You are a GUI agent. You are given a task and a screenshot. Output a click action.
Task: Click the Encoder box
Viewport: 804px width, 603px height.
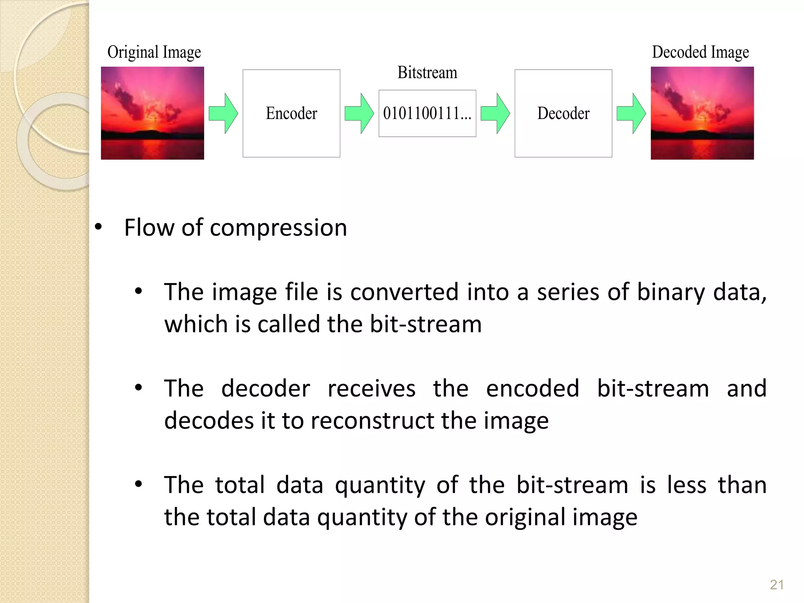coord(291,113)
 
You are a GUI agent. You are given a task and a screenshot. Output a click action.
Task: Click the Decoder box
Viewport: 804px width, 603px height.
coord(563,113)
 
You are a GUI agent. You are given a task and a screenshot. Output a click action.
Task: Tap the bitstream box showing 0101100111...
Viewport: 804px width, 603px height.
coord(427,113)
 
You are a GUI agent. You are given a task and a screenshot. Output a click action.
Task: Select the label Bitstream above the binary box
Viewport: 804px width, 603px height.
coord(427,73)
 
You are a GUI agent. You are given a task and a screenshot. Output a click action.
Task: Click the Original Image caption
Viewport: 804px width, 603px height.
coord(154,52)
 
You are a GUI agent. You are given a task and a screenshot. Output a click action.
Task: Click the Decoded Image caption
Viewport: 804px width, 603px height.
coord(700,52)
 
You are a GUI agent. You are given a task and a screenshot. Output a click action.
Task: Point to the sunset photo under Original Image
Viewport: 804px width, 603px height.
coord(152,113)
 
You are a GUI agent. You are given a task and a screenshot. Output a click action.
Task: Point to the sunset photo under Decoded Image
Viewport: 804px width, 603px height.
coord(702,113)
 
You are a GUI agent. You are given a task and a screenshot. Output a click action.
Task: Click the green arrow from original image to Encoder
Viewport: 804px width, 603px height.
coord(223,113)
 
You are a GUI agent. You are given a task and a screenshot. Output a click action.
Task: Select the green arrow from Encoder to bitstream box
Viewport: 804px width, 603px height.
coord(359,113)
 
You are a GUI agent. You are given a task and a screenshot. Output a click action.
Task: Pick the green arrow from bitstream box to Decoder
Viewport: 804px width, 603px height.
coord(495,113)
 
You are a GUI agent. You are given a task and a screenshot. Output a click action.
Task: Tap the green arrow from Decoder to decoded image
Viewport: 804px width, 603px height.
coord(631,113)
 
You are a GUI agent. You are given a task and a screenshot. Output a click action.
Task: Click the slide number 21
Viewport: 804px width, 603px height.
coord(777,585)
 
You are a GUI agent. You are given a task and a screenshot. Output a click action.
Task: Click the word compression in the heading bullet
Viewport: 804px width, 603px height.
coord(278,228)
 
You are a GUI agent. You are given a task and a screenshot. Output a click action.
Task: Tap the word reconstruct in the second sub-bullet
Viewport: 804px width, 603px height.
coord(372,421)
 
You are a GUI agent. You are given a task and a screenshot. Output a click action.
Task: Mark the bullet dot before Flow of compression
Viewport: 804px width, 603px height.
coord(99,227)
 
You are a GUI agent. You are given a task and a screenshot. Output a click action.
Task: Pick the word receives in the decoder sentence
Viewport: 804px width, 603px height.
coord(371,389)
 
